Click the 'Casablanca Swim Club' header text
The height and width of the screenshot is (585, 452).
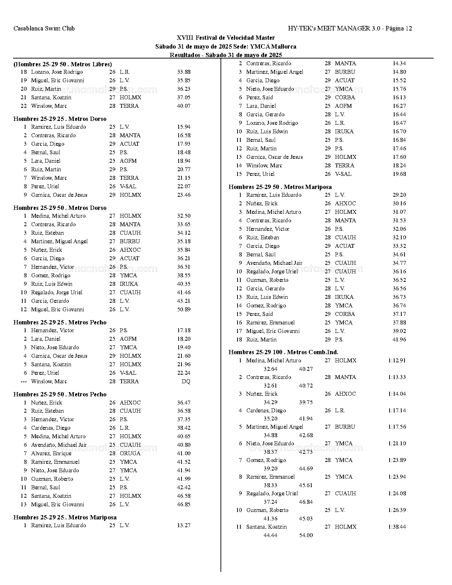tap(44, 28)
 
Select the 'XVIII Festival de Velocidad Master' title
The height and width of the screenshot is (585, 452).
tap(225, 38)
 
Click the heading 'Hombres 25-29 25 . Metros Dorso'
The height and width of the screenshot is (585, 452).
tap(60, 119)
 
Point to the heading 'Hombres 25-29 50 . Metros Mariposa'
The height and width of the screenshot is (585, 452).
tap(280, 187)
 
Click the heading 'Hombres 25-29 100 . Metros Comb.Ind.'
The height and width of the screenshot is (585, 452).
tap(283, 352)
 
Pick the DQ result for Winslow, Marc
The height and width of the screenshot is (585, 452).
tap(186, 381)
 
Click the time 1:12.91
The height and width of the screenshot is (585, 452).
tap(397, 361)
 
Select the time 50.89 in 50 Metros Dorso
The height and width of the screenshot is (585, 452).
tap(184, 310)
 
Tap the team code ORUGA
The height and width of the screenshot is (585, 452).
tap(130, 453)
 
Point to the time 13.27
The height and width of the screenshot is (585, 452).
tap(184, 525)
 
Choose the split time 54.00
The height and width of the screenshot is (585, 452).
tap(306, 535)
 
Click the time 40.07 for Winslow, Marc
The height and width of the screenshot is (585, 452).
tap(184, 106)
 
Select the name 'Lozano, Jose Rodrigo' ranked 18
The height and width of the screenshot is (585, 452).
tap(57, 72)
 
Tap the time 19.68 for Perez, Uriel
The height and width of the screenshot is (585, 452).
tap(399, 174)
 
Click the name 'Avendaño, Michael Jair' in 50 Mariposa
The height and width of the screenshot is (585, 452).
tap(274, 263)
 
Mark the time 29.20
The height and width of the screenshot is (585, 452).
tap(399, 195)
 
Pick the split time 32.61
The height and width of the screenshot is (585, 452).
tap(270, 386)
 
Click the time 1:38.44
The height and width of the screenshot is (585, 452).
tap(397, 527)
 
